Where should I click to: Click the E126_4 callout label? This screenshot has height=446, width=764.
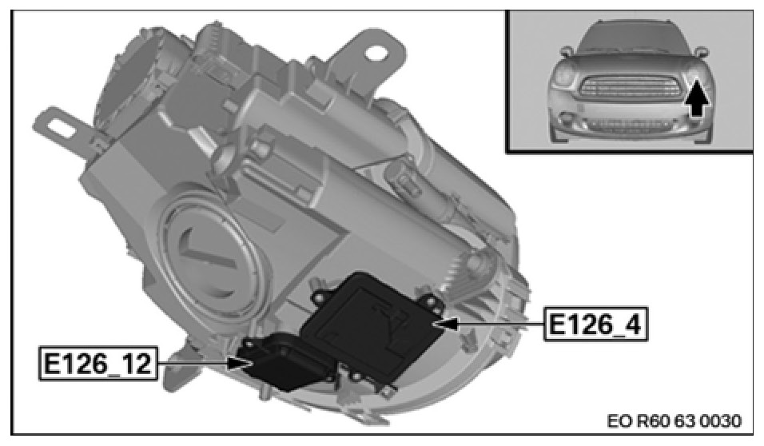[x=596, y=324]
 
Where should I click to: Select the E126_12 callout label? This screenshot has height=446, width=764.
[x=98, y=363]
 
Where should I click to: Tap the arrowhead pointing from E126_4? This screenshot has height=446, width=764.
[x=448, y=324]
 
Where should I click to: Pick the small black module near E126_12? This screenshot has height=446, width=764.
[x=285, y=360]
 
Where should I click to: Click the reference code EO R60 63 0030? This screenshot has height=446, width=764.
[x=674, y=420]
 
